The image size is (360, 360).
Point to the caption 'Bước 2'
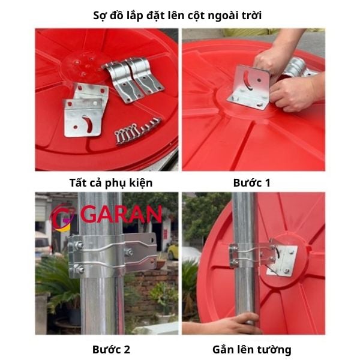[111, 348]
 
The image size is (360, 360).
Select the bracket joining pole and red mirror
[264, 255]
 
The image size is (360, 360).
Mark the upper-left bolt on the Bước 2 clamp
[78, 245]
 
